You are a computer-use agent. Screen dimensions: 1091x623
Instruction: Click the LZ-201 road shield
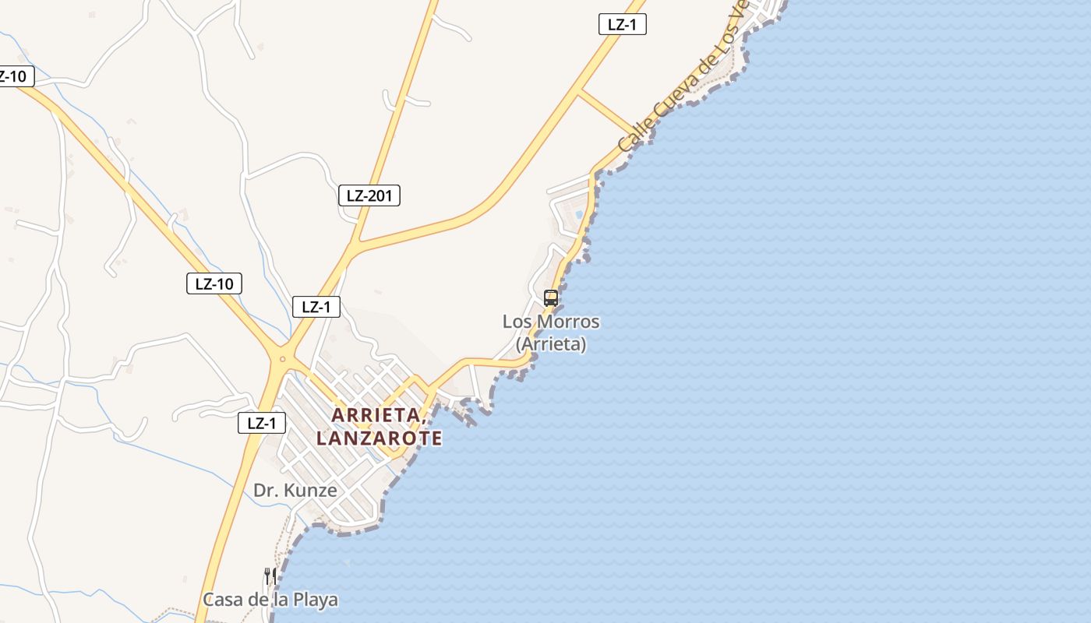click(x=369, y=195)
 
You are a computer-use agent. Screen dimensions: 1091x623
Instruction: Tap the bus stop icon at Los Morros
click(x=551, y=297)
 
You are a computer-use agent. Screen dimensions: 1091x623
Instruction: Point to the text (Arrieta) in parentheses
click(x=551, y=343)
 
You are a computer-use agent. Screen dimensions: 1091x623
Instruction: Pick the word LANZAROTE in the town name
click(x=380, y=438)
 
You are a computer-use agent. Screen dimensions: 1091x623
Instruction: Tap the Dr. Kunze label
click(x=295, y=491)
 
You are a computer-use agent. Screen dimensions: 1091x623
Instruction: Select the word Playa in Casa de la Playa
click(x=315, y=600)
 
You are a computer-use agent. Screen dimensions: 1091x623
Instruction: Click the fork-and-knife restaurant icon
click(x=270, y=576)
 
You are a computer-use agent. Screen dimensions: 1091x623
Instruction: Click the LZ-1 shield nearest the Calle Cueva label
click(x=623, y=24)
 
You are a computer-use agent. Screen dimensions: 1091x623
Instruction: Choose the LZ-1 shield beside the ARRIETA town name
click(x=262, y=424)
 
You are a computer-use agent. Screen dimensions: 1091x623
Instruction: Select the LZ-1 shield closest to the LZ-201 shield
click(x=316, y=307)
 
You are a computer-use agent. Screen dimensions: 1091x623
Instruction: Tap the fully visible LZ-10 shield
click(x=214, y=283)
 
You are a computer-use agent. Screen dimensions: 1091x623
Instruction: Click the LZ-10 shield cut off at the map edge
click(x=14, y=76)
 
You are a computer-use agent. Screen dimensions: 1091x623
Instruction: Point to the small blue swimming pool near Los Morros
click(x=578, y=213)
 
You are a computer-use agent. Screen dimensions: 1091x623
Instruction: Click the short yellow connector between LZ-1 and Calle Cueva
click(x=609, y=112)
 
